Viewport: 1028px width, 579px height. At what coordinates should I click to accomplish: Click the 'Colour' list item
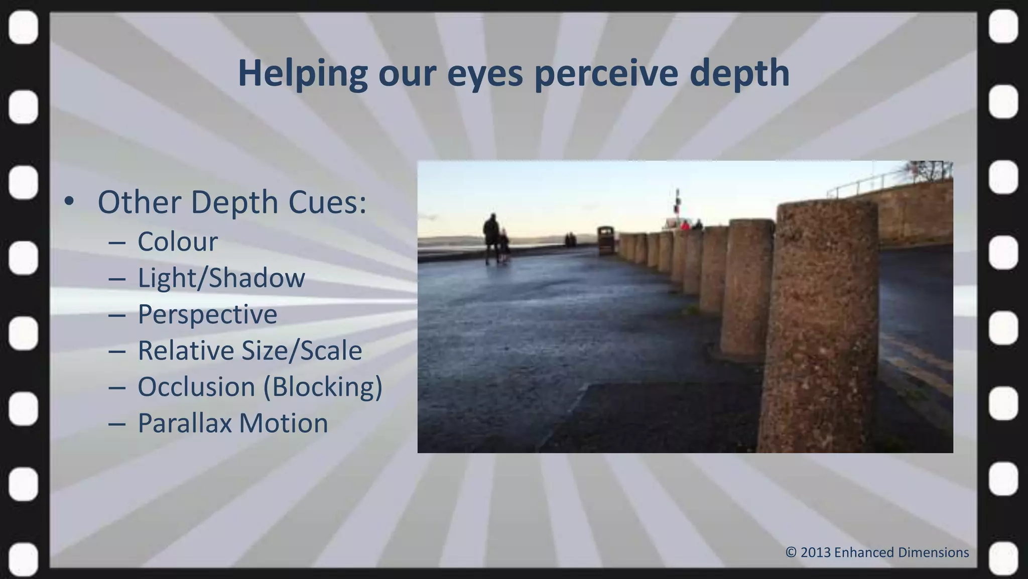pyautogui.click(x=178, y=242)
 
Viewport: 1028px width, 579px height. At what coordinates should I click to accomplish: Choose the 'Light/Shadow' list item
pyautogui.click(x=221, y=278)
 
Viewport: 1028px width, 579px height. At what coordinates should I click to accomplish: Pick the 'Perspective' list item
pyautogui.click(x=207, y=314)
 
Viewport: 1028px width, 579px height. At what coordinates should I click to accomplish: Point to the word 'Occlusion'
pyautogui.click(x=196, y=387)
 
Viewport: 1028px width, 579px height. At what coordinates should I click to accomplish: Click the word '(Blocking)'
pyautogui.click(x=323, y=387)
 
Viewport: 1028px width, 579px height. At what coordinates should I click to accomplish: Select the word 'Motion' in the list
pyautogui.click(x=284, y=423)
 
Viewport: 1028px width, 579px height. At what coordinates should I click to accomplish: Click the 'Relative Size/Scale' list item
pyautogui.click(x=249, y=351)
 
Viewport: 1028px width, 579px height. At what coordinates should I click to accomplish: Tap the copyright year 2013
pyautogui.click(x=815, y=552)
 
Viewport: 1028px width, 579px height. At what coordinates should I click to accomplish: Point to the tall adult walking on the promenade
pyautogui.click(x=491, y=237)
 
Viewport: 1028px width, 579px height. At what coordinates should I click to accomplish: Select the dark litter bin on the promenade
pyautogui.click(x=606, y=240)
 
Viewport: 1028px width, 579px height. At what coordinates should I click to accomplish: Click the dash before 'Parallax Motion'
pyautogui.click(x=116, y=424)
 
